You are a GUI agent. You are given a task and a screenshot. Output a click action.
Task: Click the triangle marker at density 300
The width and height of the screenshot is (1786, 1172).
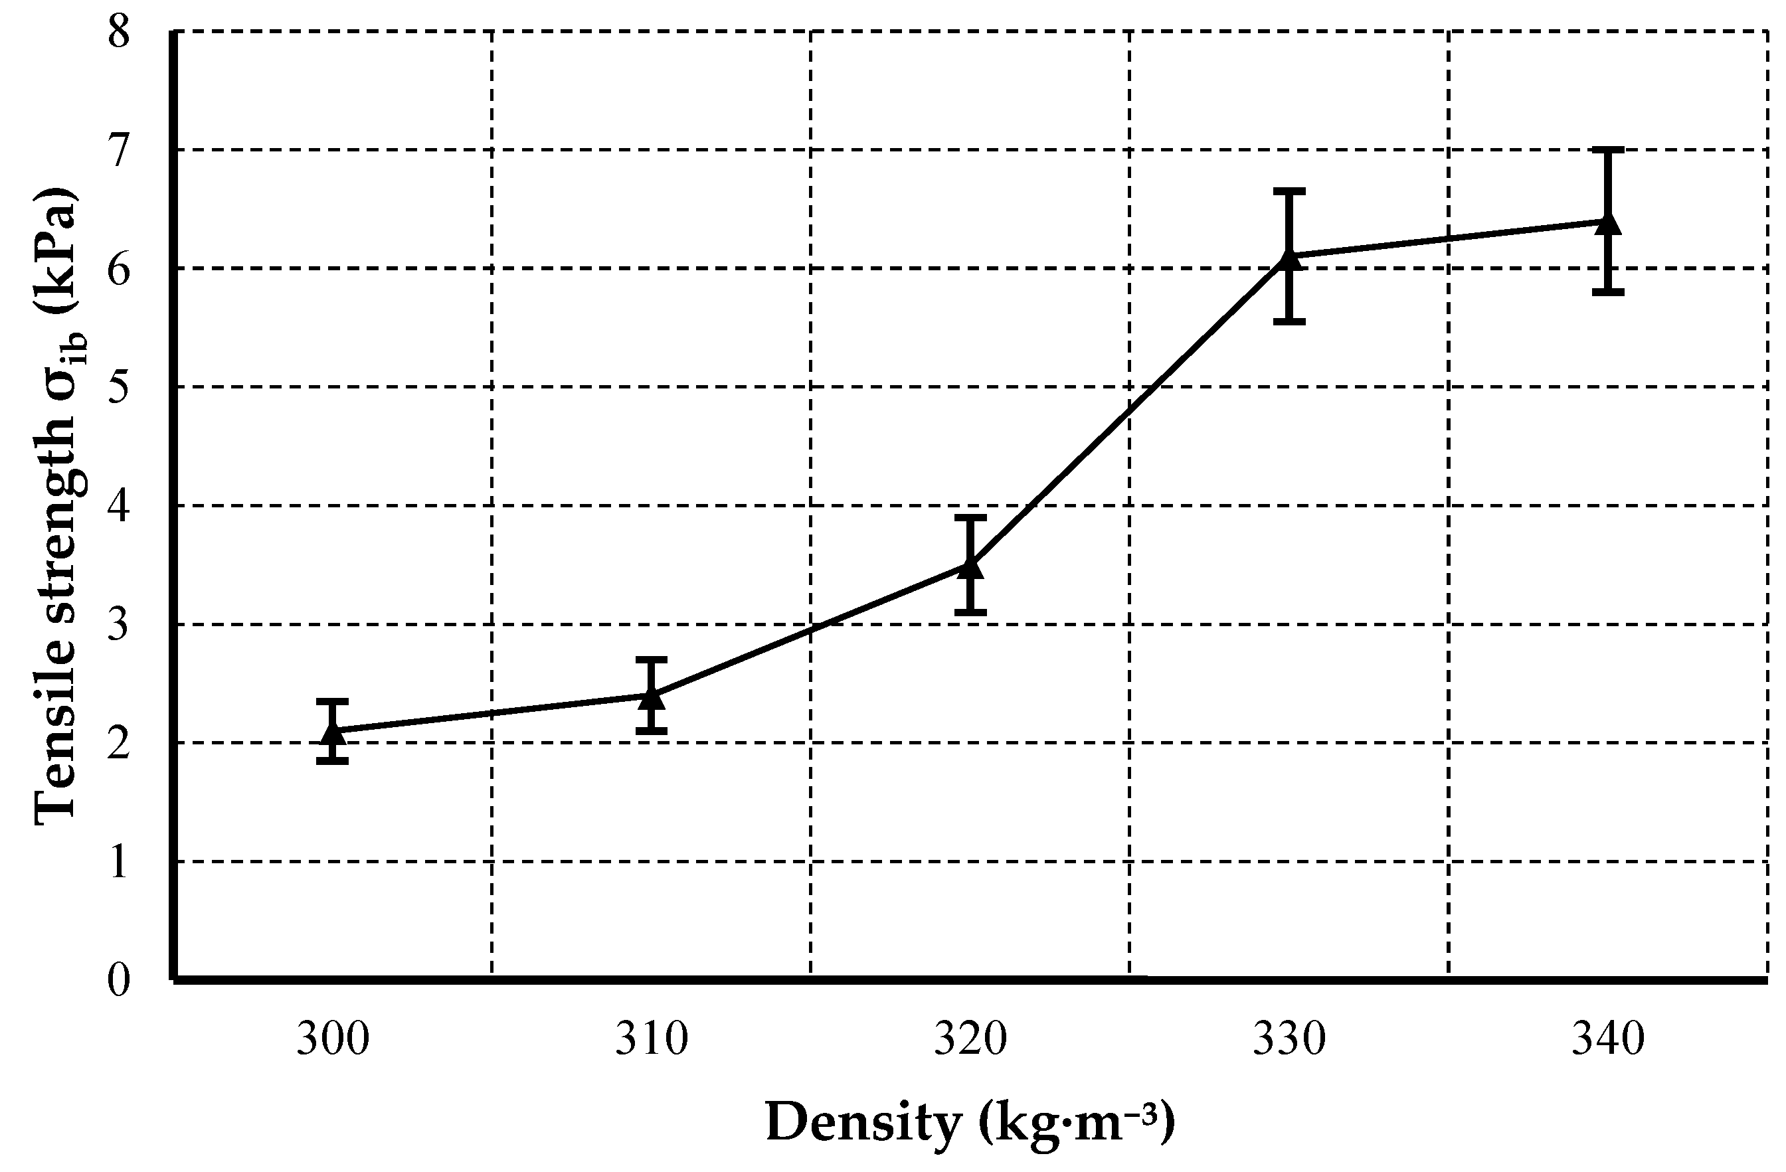pyautogui.click(x=333, y=732)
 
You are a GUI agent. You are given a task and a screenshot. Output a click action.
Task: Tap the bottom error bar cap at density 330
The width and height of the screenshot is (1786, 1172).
pyautogui.click(x=1289, y=321)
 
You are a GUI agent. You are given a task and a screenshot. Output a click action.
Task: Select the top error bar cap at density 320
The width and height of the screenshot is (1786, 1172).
pyautogui.click(x=970, y=518)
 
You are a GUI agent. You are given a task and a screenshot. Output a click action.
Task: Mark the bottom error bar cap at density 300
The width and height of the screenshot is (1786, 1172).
pyautogui.click(x=333, y=762)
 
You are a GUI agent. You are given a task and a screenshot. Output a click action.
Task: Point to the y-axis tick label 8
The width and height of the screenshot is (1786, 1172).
pyautogui.click(x=120, y=33)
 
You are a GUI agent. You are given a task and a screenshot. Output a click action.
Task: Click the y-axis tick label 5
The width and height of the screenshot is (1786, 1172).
pyautogui.click(x=120, y=388)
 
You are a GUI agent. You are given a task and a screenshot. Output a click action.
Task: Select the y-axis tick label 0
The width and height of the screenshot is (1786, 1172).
pyautogui.click(x=120, y=980)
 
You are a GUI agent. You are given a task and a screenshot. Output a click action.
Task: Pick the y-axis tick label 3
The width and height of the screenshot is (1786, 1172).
pyautogui.click(x=120, y=625)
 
